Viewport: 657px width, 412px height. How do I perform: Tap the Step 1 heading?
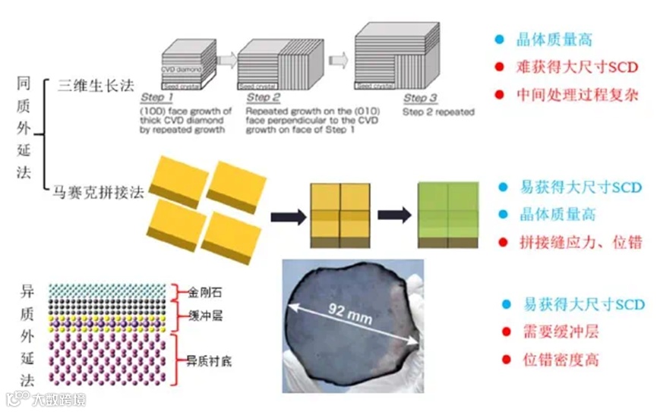(x=157, y=98)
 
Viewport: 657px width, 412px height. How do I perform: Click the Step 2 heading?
(x=264, y=98)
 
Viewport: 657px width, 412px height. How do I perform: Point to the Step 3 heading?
(x=420, y=98)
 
